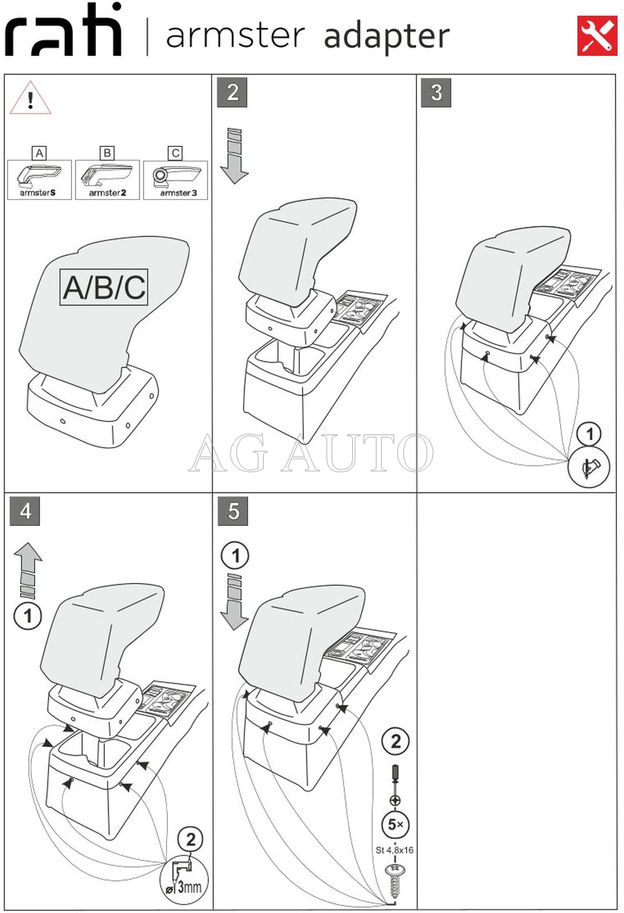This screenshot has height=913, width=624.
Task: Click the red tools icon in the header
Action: pyautogui.click(x=597, y=35)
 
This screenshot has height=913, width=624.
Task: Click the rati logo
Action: pyautogui.click(x=63, y=29)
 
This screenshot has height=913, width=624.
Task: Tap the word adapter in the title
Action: pyautogui.click(x=386, y=37)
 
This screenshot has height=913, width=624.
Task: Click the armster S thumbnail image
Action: pyautogui.click(x=39, y=180)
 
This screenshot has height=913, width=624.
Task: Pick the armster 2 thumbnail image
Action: pyautogui.click(x=108, y=180)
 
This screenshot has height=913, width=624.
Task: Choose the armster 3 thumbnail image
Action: pyautogui.click(x=176, y=180)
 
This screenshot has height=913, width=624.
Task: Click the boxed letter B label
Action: pyautogui.click(x=108, y=153)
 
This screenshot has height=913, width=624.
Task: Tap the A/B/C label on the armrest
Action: pyautogui.click(x=104, y=288)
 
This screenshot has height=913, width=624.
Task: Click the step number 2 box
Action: pyautogui.click(x=232, y=93)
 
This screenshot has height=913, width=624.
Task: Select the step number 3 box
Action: pyautogui.click(x=436, y=93)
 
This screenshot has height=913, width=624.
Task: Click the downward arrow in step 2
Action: pyautogui.click(x=234, y=156)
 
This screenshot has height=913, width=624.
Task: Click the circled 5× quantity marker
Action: pyautogui.click(x=395, y=824)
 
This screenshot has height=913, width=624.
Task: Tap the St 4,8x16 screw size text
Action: pyautogui.click(x=395, y=850)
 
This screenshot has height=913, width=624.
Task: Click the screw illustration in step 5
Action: pyautogui.click(x=395, y=880)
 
